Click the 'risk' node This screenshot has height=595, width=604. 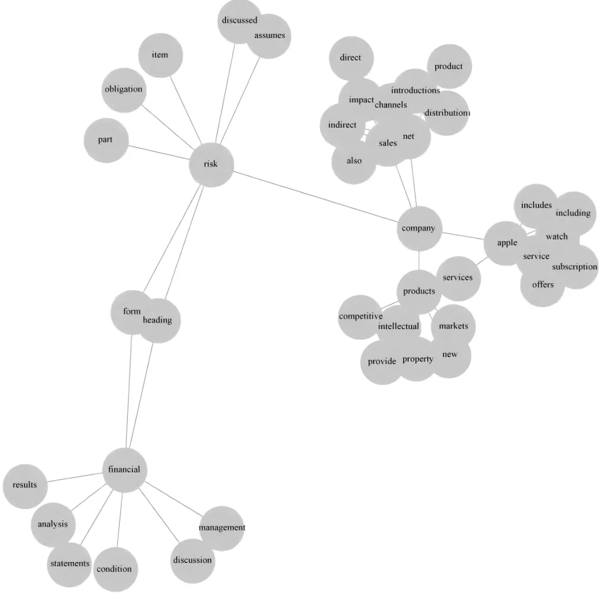211,164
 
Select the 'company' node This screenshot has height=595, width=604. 419,228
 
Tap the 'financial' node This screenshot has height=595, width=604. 124,470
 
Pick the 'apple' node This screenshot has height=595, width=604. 506,243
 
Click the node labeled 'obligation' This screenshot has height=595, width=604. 124,90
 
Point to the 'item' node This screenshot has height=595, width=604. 160,55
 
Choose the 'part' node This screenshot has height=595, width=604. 105,140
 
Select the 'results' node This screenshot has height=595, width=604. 25,485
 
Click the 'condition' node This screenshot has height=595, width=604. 114,569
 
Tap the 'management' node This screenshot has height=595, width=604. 222,528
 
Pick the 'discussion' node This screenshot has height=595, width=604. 192,560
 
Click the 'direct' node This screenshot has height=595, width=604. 351,58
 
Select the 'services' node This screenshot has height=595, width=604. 457,278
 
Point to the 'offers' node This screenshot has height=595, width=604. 542,285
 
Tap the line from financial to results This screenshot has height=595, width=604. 74,477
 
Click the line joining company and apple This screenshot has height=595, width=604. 463,236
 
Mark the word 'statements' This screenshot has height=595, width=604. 69,563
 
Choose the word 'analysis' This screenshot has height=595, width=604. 53,524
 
